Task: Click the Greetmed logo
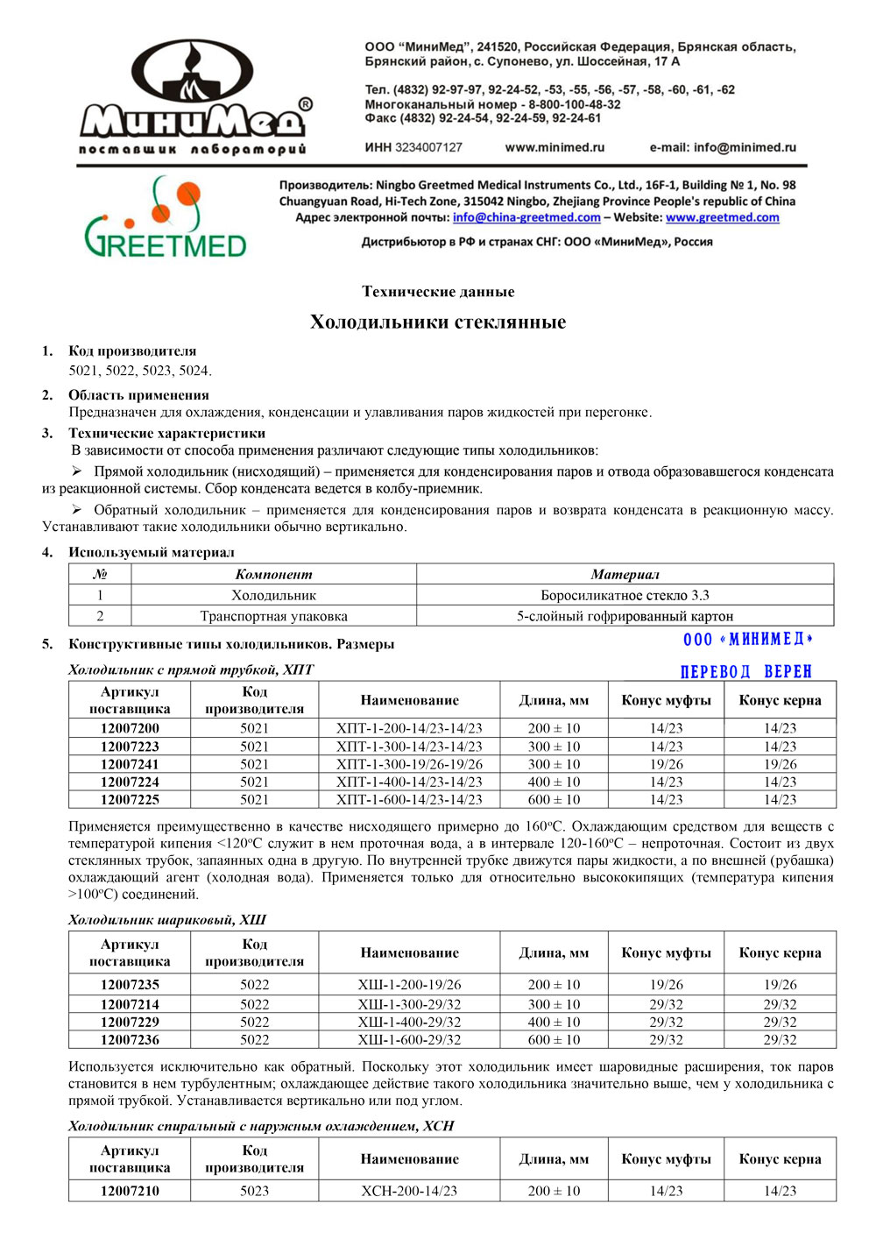tap(165, 217)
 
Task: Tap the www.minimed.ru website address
tap(555, 147)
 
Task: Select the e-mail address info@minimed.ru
tap(723, 147)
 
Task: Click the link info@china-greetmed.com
tap(526, 217)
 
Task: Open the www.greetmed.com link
tap(722, 217)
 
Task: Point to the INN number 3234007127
tap(428, 147)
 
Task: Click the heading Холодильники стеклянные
tap(438, 322)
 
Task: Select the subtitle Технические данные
tap(438, 292)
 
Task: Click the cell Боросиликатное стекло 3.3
tap(625, 595)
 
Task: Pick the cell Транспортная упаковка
tap(273, 616)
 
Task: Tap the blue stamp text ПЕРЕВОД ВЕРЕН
tap(746, 672)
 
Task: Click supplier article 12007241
tap(130, 764)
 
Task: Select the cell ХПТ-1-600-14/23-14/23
tap(409, 799)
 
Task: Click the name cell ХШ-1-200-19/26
tap(409, 985)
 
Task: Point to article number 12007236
tap(130, 1039)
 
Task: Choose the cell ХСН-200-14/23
tap(409, 1191)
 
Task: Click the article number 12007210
tap(130, 1191)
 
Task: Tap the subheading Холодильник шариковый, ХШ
tap(166, 919)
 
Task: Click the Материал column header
tap(625, 574)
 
